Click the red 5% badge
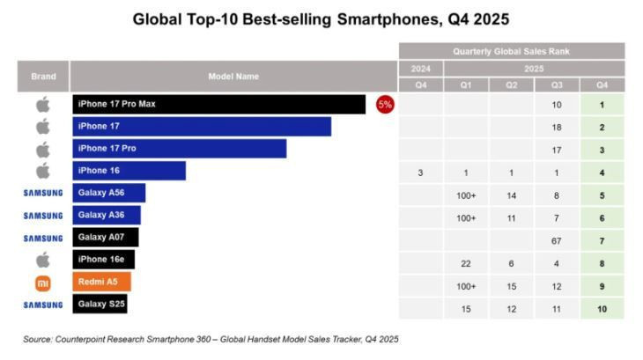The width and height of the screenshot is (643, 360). pyautogui.click(x=385, y=104)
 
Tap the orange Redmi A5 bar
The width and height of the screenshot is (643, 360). pyautogui.click(x=101, y=282)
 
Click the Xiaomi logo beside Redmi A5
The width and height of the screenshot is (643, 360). pyautogui.click(x=43, y=283)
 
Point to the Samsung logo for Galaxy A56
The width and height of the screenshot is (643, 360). pyautogui.click(x=43, y=193)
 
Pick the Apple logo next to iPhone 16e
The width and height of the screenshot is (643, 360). pyautogui.click(x=43, y=260)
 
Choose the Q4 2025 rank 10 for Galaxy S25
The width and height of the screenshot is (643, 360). pyautogui.click(x=602, y=307)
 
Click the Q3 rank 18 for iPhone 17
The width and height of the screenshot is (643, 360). pyautogui.click(x=558, y=128)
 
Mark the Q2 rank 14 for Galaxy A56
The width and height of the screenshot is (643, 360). pyautogui.click(x=512, y=195)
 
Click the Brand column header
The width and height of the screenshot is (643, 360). pyautogui.click(x=43, y=77)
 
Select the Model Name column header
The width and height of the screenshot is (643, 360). pyautogui.click(x=233, y=77)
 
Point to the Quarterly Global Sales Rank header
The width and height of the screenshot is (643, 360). pyautogui.click(x=512, y=52)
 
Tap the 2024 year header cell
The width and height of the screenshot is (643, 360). pyautogui.click(x=421, y=69)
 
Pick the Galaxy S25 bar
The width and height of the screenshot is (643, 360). pyautogui.click(x=103, y=305)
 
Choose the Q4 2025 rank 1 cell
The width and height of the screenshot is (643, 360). pyautogui.click(x=602, y=105)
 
